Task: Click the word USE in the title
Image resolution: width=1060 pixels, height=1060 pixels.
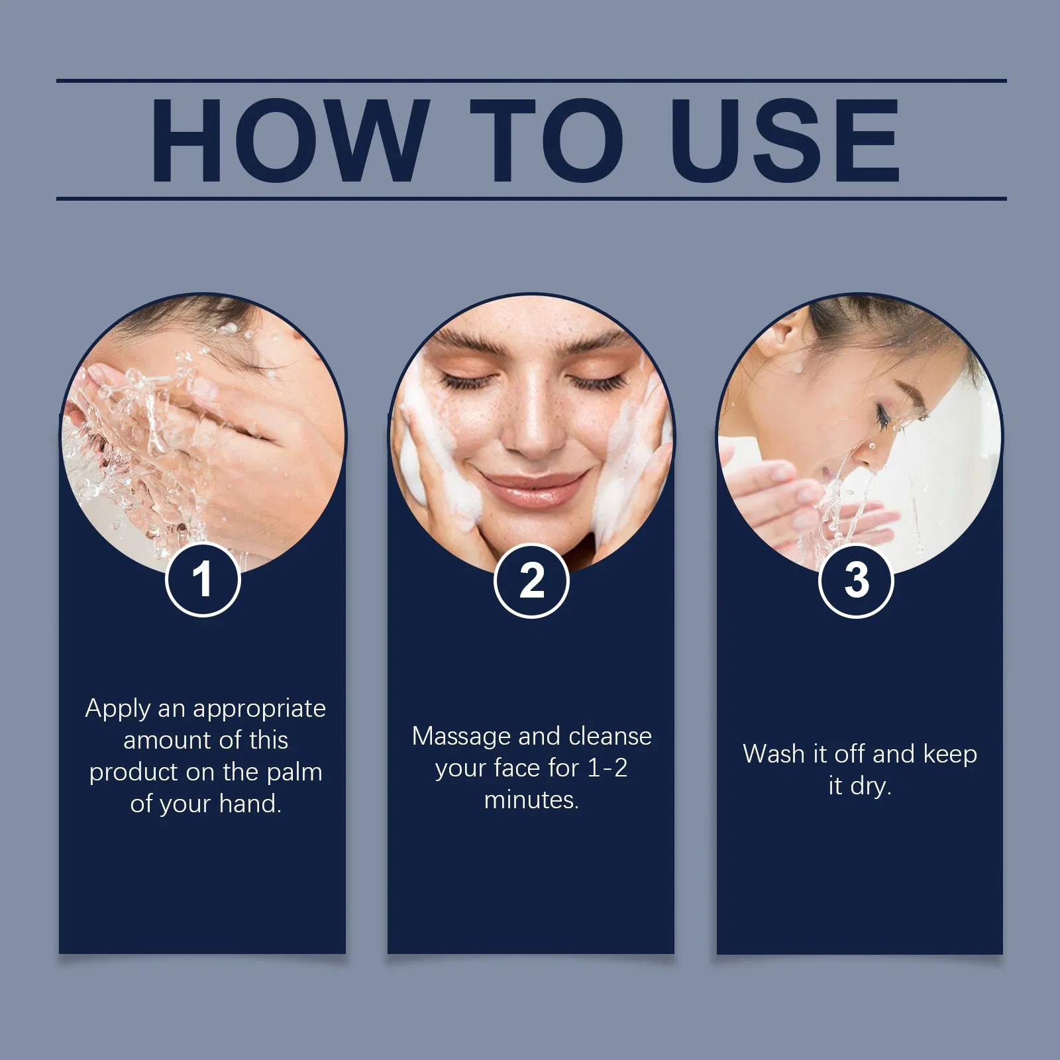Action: coord(786,140)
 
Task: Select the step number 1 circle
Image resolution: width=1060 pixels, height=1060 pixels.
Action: coord(203,580)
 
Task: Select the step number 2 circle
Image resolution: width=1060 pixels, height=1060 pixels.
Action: coord(531,580)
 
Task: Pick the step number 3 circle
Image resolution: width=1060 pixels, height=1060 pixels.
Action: coord(857,580)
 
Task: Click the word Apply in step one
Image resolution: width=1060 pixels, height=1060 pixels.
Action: coord(118,710)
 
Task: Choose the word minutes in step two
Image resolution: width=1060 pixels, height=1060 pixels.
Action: coord(531,800)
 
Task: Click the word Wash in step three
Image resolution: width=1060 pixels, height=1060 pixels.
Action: coord(773,754)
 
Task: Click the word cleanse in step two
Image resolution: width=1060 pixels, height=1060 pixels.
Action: coord(610,737)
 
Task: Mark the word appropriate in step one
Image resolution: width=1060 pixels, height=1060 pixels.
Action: coord(259,710)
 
